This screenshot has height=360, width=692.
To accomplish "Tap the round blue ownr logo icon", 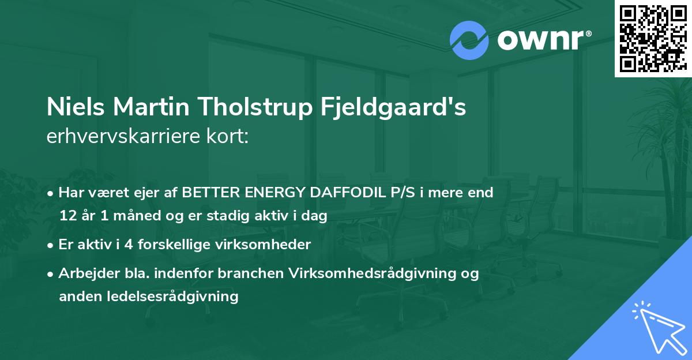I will tap(469, 40).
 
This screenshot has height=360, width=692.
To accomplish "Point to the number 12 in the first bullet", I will tap(67, 216).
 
